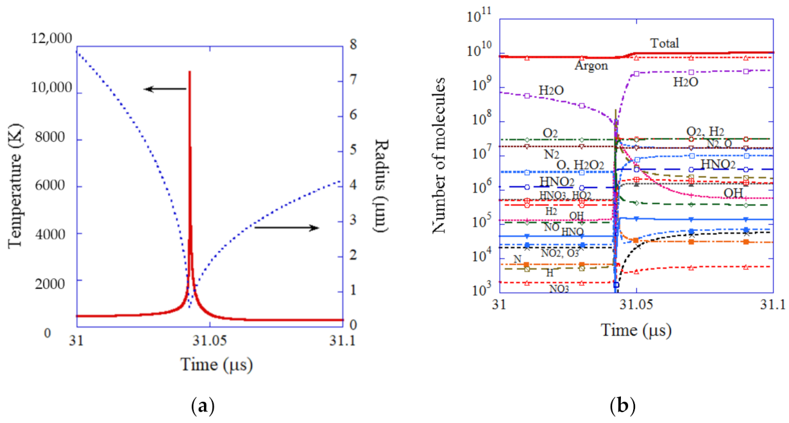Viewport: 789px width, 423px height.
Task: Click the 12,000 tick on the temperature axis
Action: pyautogui.click(x=51, y=40)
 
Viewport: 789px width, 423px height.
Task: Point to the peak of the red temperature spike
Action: pyautogui.click(x=189, y=71)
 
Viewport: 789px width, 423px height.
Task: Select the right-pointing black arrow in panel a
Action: pyautogui.click(x=286, y=227)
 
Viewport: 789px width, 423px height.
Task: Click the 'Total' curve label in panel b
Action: pyautogui.click(x=665, y=44)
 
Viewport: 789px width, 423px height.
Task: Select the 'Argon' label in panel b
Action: pyautogui.click(x=590, y=65)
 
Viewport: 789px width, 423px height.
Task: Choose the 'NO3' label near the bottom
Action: pyautogui.click(x=558, y=289)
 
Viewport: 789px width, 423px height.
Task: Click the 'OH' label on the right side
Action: pyautogui.click(x=734, y=193)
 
